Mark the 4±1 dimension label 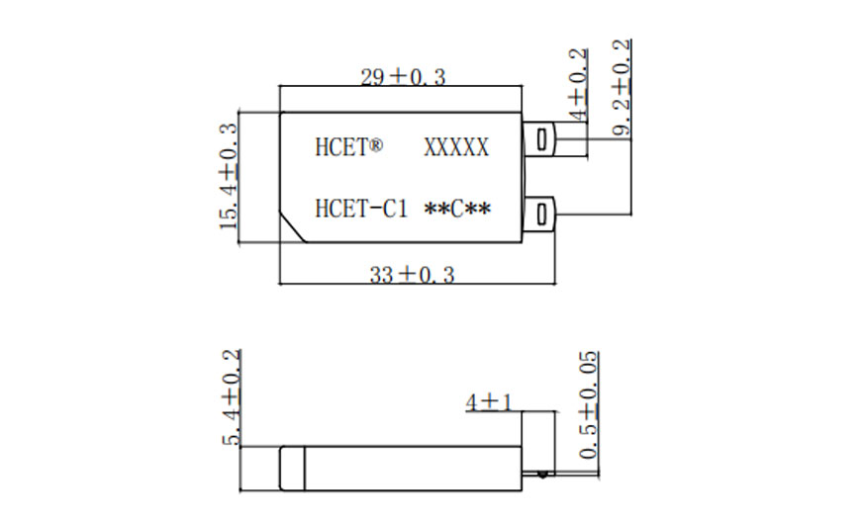click(488, 402)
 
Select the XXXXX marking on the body click(456, 147)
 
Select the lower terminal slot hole click(540, 212)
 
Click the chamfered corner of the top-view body click(291, 226)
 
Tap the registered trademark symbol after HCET click(376, 145)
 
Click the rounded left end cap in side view click(288, 467)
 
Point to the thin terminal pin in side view click(574, 476)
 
